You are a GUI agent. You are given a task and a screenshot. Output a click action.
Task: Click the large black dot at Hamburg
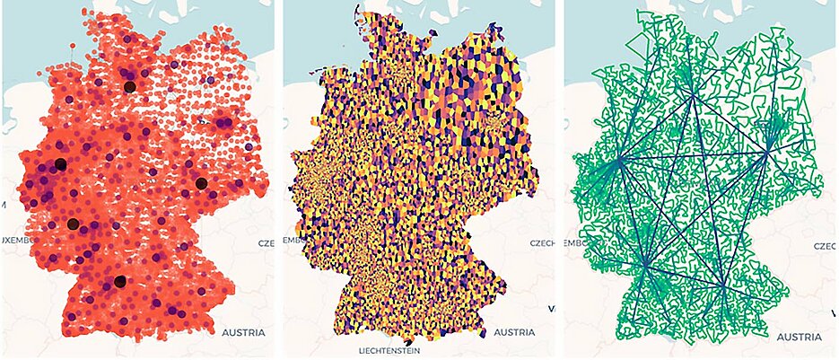pos(129,87)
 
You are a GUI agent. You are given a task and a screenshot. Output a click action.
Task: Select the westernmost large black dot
pos(60,163)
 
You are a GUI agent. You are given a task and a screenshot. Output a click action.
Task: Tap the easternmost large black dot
pos(201,183)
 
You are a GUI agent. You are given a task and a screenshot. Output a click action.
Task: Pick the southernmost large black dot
pos(119,283)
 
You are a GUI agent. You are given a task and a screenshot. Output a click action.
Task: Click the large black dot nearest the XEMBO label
pos(73,224)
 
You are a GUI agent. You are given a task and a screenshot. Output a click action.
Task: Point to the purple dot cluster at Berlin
pos(222,122)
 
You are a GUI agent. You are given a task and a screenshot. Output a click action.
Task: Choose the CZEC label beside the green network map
pos(825,245)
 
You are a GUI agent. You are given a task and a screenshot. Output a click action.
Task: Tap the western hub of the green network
pos(618,162)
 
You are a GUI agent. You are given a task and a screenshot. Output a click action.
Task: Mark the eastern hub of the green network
pos(769,148)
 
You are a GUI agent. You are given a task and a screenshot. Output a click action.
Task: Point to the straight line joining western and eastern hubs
pos(694,155)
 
